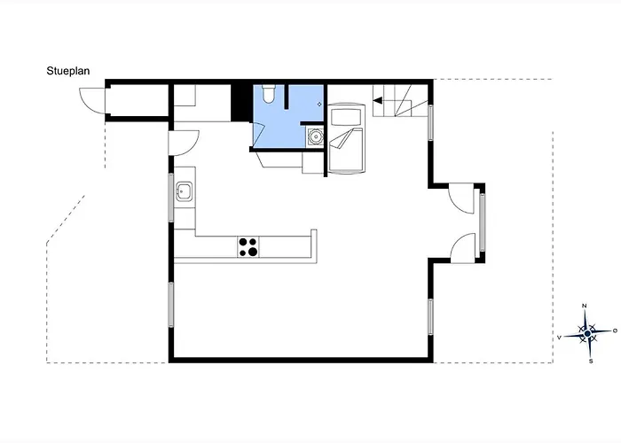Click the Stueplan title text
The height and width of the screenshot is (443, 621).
[68, 71]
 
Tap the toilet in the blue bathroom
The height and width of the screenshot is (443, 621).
[268, 93]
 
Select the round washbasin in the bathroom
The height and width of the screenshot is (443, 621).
[316, 136]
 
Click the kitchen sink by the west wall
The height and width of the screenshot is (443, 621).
[185, 191]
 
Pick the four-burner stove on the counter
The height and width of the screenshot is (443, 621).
[248, 247]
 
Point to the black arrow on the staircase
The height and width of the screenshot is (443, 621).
[378, 100]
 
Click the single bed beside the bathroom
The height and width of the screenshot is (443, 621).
[346, 138]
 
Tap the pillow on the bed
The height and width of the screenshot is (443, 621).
[346, 117]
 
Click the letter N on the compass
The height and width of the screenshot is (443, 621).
[584, 306]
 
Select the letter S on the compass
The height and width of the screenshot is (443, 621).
[591, 361]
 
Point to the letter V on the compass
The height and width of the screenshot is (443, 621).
[559, 338]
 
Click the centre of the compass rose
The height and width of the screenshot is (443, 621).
[587, 334]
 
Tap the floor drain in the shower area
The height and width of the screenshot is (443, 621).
[319, 105]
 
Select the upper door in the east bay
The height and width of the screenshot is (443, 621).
[461, 198]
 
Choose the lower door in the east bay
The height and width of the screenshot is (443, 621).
[462, 248]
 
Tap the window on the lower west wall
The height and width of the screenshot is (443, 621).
[171, 305]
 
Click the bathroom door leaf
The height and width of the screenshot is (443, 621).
[258, 136]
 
